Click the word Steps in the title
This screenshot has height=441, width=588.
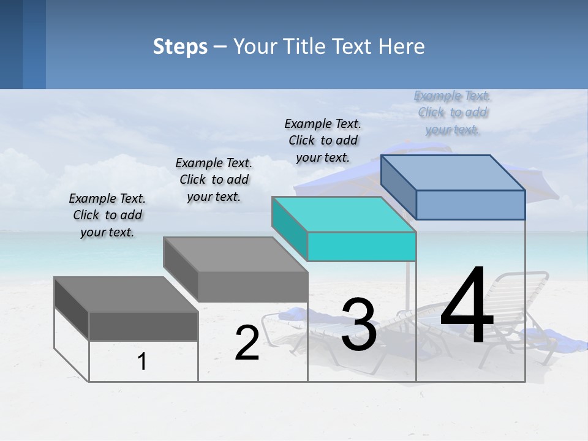coord(180,47)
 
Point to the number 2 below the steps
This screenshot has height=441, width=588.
coord(247,343)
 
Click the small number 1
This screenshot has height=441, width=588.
coord(142,361)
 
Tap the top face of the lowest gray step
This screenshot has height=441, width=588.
coord(126,295)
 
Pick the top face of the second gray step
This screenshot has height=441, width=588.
coord(235,254)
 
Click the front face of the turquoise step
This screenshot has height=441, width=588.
coord(361,246)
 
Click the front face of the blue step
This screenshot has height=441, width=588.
coord(470,205)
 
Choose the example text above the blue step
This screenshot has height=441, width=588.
coord(453,112)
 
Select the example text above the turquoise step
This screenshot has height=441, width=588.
coord(323,140)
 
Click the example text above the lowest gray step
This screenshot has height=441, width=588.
coord(107,215)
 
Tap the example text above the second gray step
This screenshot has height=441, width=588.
coord(214,179)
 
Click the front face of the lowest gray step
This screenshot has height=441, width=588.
coord(143,326)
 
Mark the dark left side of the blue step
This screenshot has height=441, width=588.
coord(399,187)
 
